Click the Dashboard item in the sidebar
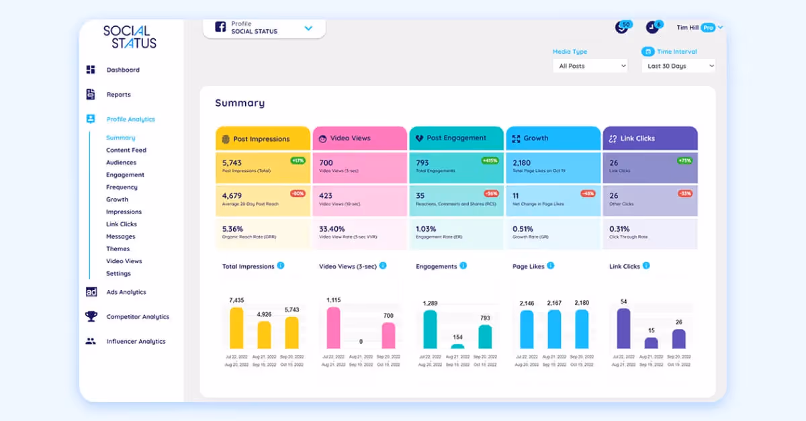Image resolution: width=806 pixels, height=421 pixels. click(x=123, y=70)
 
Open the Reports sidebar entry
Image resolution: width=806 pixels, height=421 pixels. click(x=118, y=95)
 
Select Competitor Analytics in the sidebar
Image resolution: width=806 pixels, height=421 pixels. click(x=137, y=317)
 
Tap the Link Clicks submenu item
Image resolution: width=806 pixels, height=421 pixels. click(x=121, y=224)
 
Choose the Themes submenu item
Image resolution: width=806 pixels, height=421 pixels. click(x=118, y=249)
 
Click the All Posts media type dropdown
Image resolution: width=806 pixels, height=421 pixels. click(x=590, y=66)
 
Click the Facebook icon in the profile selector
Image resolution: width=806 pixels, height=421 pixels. click(x=220, y=27)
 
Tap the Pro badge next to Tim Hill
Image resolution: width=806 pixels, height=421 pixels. click(x=708, y=28)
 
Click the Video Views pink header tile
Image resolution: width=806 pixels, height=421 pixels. click(x=359, y=138)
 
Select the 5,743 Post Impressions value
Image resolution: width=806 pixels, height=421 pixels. click(x=232, y=162)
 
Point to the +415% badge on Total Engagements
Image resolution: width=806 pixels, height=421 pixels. click(x=490, y=160)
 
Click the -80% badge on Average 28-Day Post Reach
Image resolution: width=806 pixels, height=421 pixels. click(x=298, y=193)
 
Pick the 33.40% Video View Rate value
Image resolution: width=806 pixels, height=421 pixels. click(x=332, y=228)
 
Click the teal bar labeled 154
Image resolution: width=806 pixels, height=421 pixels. click(x=457, y=346)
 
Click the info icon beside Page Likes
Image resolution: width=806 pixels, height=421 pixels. click(x=551, y=266)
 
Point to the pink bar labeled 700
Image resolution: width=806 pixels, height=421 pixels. click(x=388, y=335)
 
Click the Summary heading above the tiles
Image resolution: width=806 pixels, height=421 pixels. click(x=240, y=103)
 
